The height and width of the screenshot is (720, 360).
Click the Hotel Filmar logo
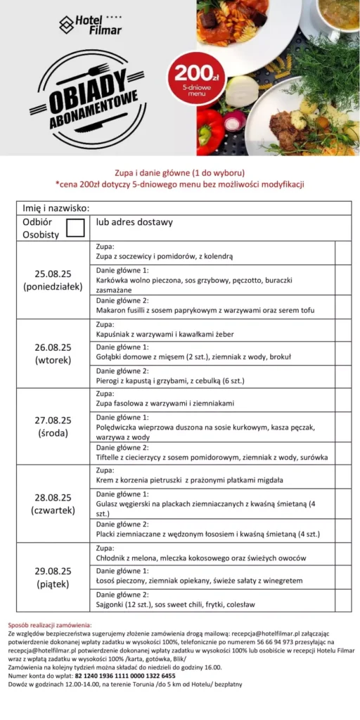tap(90, 25)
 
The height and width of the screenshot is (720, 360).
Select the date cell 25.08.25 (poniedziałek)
tap(53, 280)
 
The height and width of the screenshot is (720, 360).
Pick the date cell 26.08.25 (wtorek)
tap(53, 354)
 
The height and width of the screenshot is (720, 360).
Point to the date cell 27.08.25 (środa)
tap(53, 426)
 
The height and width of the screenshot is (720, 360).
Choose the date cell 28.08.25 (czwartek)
tap(53, 503)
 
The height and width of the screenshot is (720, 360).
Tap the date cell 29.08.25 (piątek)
tap(53, 577)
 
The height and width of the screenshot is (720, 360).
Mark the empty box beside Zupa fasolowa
tap(342, 399)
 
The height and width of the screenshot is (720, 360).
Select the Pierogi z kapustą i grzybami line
tap(169, 380)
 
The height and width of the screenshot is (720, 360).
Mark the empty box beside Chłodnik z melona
tap(342, 553)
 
